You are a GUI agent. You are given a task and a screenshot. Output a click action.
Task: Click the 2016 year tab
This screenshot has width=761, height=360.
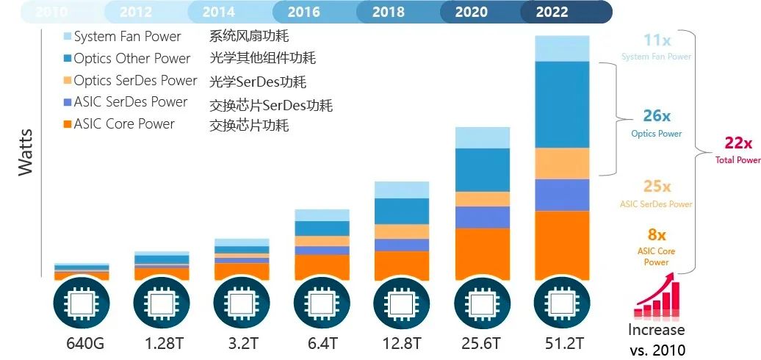tap(303, 12)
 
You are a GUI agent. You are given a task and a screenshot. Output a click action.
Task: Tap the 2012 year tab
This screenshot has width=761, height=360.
tap(135, 12)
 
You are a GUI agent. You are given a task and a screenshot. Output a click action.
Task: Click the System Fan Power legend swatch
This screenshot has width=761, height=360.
tap(68, 36)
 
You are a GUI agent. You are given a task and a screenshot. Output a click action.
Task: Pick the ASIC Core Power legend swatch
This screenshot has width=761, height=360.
tap(68, 124)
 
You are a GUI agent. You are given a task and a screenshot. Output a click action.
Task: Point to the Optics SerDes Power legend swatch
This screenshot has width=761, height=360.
tap(68, 80)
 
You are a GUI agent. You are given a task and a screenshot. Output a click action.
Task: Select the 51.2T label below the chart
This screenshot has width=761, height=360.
tap(562, 343)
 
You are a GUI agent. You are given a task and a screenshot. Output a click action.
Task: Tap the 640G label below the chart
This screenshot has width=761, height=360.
tap(82, 343)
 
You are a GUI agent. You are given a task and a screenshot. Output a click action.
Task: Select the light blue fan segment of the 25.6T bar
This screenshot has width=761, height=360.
tap(482, 137)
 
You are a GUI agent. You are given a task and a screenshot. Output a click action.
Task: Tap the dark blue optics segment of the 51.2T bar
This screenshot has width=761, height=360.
tap(562, 104)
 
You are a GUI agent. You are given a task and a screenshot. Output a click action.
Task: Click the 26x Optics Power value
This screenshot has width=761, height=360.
tap(656, 116)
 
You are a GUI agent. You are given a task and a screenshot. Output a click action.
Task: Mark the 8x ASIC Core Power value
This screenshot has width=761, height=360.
tap(657, 236)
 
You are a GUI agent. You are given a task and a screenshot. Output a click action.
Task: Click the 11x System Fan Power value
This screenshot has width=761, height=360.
tap(656, 41)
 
